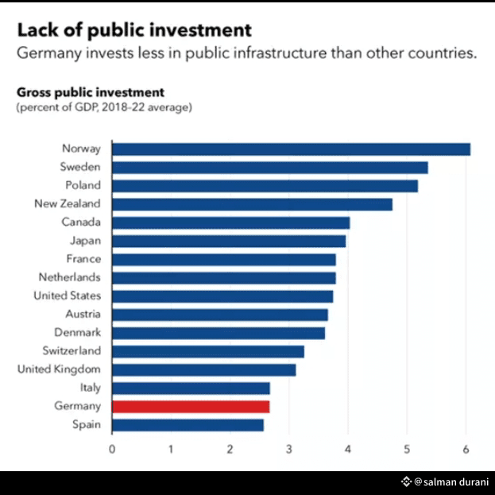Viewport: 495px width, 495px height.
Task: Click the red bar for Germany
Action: pos(191,407)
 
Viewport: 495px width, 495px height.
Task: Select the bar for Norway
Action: pos(292,149)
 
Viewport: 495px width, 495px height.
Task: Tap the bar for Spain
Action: pos(188,425)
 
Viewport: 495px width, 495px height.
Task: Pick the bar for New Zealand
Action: pos(252,204)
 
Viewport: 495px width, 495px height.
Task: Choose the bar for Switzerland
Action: pos(208,351)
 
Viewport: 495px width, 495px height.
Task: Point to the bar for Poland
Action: pos(265,186)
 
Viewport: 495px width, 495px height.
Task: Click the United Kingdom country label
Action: pos(59,369)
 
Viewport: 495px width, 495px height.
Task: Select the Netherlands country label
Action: pos(70,277)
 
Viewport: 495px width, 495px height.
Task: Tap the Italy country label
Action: pos(91,388)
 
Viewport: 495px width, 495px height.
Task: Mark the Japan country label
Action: pos(86,241)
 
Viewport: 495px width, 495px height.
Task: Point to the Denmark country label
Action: pos(78,332)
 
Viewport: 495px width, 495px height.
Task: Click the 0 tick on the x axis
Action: pos(112,449)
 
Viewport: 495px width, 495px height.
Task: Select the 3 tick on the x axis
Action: pos(289,449)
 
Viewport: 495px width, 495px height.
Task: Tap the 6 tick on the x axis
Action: pos(466,449)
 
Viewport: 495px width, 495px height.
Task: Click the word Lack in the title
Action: pos(38,30)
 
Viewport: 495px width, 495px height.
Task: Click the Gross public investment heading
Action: pos(91,92)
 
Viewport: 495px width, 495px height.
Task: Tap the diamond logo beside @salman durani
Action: pos(406,481)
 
